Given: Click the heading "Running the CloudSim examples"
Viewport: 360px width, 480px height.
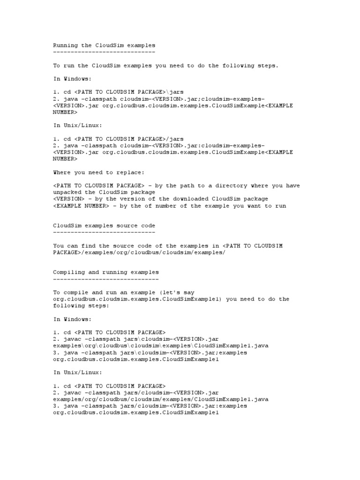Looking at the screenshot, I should (104, 45).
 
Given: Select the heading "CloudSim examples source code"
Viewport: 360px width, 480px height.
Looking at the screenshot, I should (104, 225).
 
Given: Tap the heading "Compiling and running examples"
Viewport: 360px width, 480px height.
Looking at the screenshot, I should (105, 272).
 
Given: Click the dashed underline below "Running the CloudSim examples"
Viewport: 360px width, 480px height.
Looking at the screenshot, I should (104, 52).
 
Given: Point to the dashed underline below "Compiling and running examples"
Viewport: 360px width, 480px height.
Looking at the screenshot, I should (105, 278).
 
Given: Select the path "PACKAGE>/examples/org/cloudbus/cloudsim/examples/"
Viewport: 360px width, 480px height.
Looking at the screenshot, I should (139, 252).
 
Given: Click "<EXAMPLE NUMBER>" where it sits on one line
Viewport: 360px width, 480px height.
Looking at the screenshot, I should (81, 206).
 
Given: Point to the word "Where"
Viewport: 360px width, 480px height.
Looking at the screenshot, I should (62, 172).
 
